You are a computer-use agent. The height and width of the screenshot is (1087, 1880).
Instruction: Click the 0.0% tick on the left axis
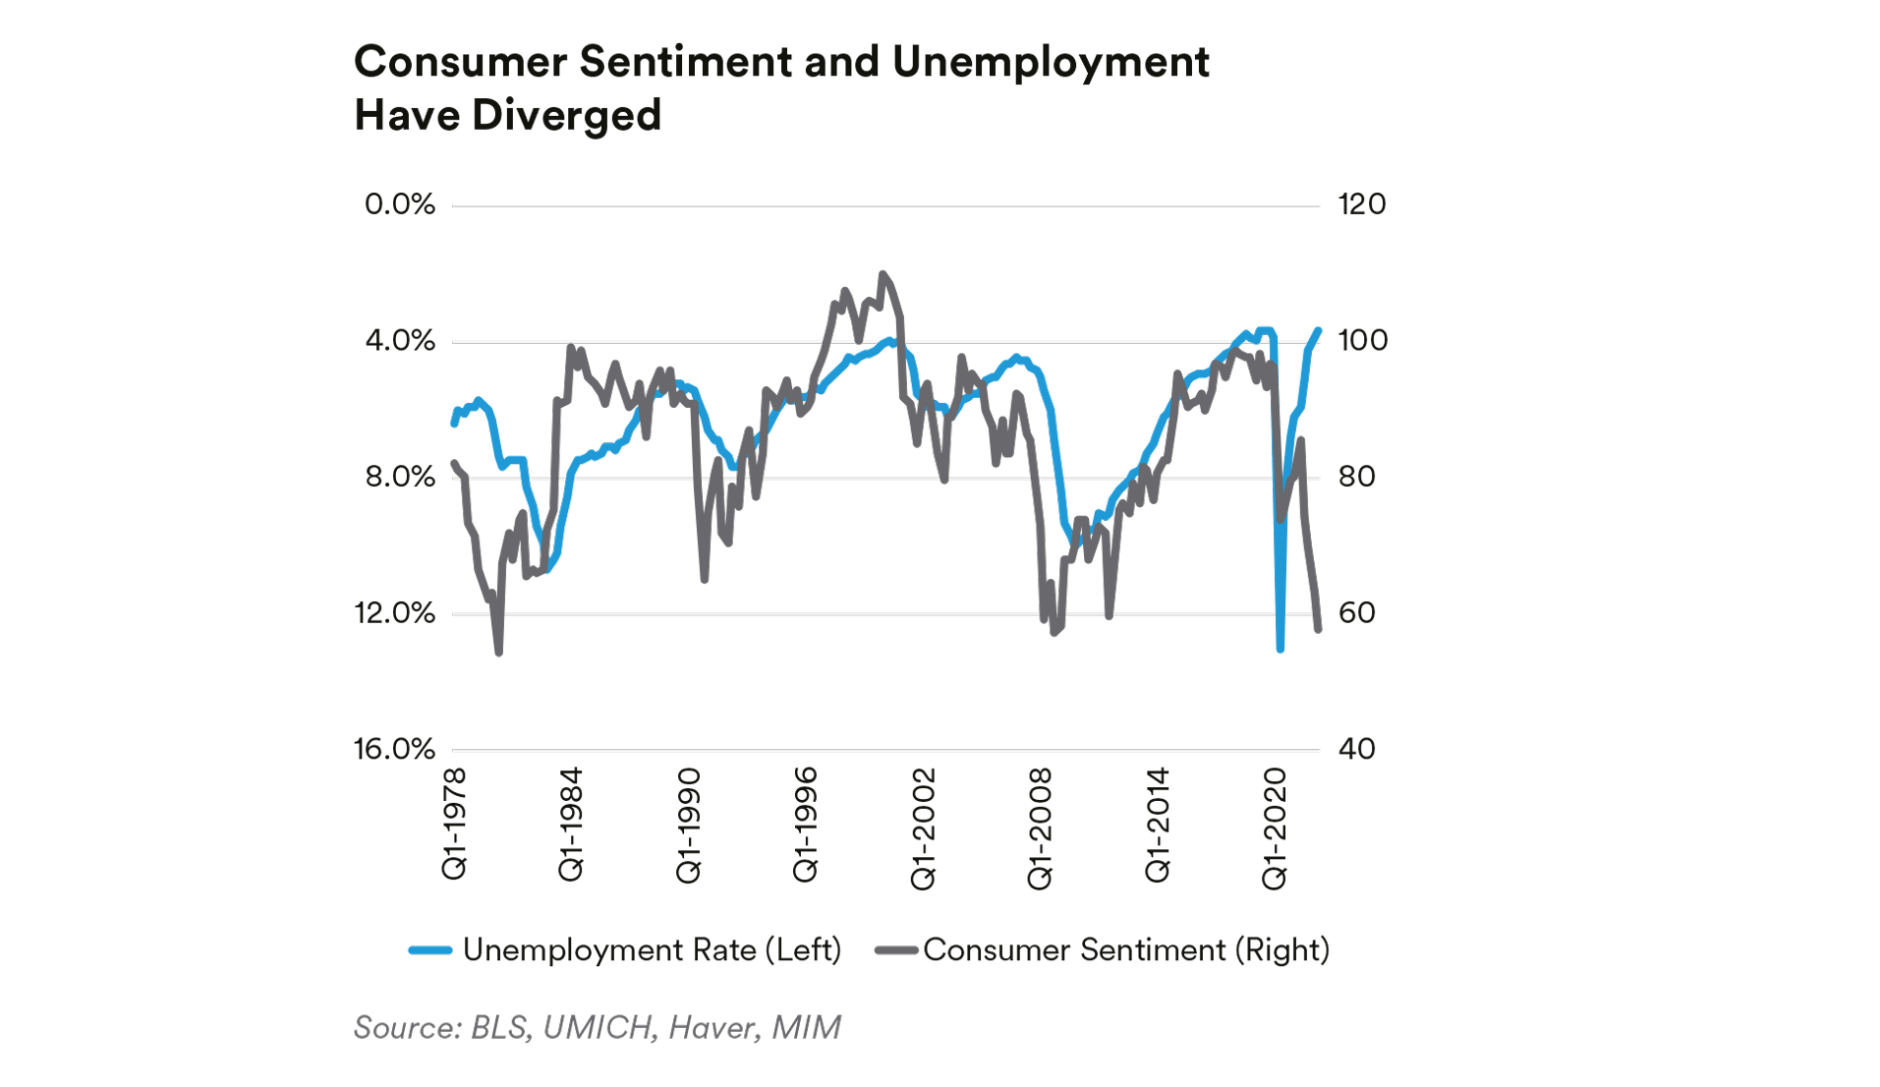click(399, 204)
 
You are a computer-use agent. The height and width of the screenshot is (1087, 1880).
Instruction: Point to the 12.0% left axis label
click(394, 613)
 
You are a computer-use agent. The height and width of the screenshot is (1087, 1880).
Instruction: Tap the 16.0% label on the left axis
click(394, 749)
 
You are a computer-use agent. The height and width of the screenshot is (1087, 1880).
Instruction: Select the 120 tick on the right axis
click(1361, 204)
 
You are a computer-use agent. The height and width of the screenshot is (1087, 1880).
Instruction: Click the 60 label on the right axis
click(1356, 613)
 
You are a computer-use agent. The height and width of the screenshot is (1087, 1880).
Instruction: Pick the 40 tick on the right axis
click(1356, 749)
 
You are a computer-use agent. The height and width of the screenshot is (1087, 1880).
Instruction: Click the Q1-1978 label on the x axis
click(454, 824)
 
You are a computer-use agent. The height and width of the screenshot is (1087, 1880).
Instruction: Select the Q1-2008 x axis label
click(1040, 829)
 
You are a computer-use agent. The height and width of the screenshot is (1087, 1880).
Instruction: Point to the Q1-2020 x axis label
click(1275, 829)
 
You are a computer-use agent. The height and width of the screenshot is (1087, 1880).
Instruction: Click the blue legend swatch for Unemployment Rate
click(429, 950)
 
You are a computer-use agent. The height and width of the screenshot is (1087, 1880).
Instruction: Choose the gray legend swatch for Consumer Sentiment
click(895, 950)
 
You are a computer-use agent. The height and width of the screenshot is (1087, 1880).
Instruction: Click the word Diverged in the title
click(566, 115)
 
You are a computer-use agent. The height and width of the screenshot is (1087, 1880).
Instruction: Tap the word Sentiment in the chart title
click(685, 62)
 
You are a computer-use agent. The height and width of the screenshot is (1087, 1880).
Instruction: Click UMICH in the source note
click(598, 1027)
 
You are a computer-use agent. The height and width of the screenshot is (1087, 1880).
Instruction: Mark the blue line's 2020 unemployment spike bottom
click(1280, 649)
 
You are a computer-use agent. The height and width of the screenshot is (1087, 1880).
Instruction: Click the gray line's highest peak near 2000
click(883, 274)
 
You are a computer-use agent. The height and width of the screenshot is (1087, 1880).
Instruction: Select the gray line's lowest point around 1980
click(499, 652)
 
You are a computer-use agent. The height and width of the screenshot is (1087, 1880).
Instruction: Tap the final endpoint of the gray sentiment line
click(1318, 629)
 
